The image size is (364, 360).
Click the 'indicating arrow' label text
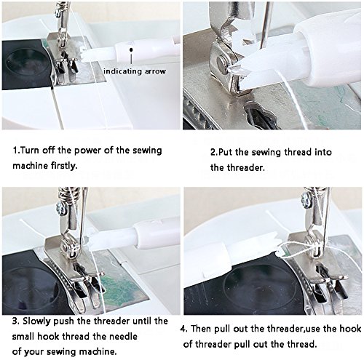click(135, 71)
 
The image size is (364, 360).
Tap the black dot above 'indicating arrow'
click(131, 49)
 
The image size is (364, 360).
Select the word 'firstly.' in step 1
click(64, 166)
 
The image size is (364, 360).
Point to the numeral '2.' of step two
click(213, 152)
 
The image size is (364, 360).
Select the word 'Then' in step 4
click(201, 329)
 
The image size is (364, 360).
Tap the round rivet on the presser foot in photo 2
click(222, 63)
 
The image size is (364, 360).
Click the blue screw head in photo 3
click(60, 209)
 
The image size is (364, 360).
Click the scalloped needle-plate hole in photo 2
click(261, 115)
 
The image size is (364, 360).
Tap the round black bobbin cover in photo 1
click(26, 63)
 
